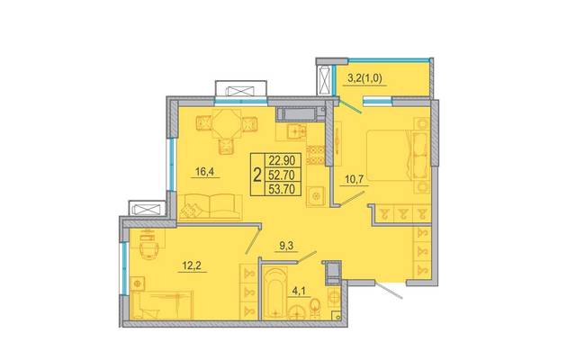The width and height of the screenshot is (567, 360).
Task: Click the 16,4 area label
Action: pos(205,172)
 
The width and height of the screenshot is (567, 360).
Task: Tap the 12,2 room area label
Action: pos(192,266)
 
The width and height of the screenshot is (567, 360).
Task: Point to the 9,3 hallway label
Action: pos(286,246)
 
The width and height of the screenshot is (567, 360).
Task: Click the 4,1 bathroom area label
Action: pos(299,292)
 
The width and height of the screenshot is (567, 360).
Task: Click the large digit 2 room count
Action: pos(257,175)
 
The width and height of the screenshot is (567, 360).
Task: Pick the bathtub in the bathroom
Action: pos(276,293)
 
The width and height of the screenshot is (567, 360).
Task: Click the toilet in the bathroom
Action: pos(315,309)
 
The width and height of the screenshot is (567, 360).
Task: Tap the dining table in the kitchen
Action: pos(227,124)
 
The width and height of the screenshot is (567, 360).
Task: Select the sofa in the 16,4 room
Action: pos(211,207)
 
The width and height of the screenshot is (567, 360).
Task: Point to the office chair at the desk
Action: pos(149,248)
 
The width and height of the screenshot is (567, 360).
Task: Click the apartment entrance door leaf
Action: pos(389,291)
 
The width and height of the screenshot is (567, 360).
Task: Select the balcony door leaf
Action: pos(350,106)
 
